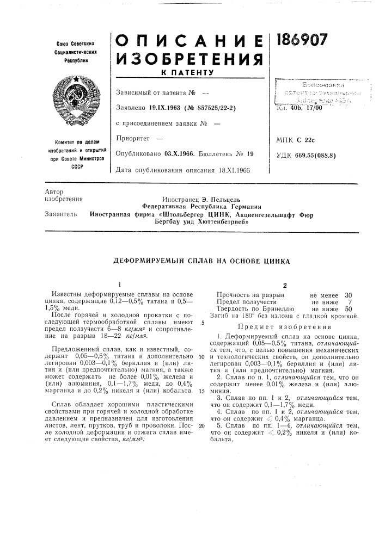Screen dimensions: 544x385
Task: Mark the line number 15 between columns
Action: click(201, 376)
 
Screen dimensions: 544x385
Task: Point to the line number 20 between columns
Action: click(201, 410)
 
